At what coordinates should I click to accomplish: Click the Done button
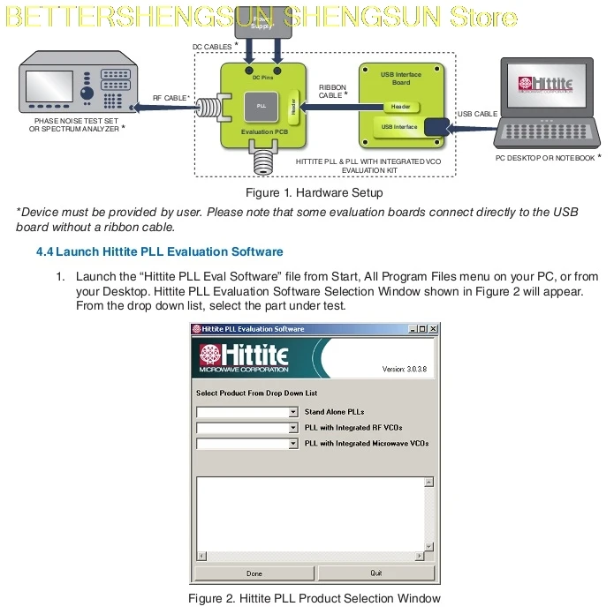[x=254, y=573]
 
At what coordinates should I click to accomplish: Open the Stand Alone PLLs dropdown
[x=293, y=412]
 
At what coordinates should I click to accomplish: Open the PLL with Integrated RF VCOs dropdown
[x=293, y=428]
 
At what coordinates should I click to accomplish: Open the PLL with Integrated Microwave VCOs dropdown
[x=293, y=444]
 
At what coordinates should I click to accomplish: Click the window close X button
[x=433, y=329]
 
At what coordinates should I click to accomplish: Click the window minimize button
[x=413, y=329]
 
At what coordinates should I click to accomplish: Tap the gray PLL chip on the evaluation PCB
[x=262, y=106]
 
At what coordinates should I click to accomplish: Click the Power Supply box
[x=263, y=21]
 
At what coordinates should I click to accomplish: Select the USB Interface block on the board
[x=399, y=127]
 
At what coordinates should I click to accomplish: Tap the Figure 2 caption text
[x=314, y=599]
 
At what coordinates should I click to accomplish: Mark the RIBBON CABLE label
[x=332, y=91]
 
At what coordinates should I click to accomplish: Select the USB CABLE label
[x=478, y=114]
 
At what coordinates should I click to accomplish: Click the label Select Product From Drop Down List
[x=256, y=393]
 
